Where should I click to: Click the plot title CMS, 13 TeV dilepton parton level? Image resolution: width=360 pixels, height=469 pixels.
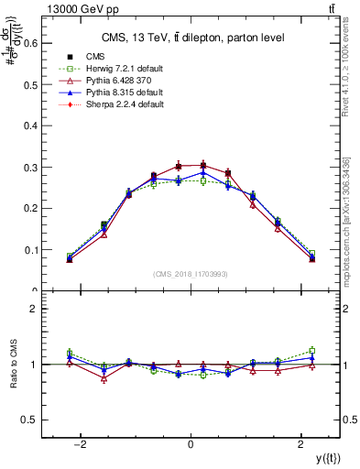(x=191, y=38)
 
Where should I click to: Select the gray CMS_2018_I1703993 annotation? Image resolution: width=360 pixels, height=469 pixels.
(x=191, y=274)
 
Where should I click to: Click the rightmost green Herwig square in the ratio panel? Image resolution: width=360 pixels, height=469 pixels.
(x=311, y=350)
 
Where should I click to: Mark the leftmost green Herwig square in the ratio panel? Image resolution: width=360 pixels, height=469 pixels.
(x=70, y=353)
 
